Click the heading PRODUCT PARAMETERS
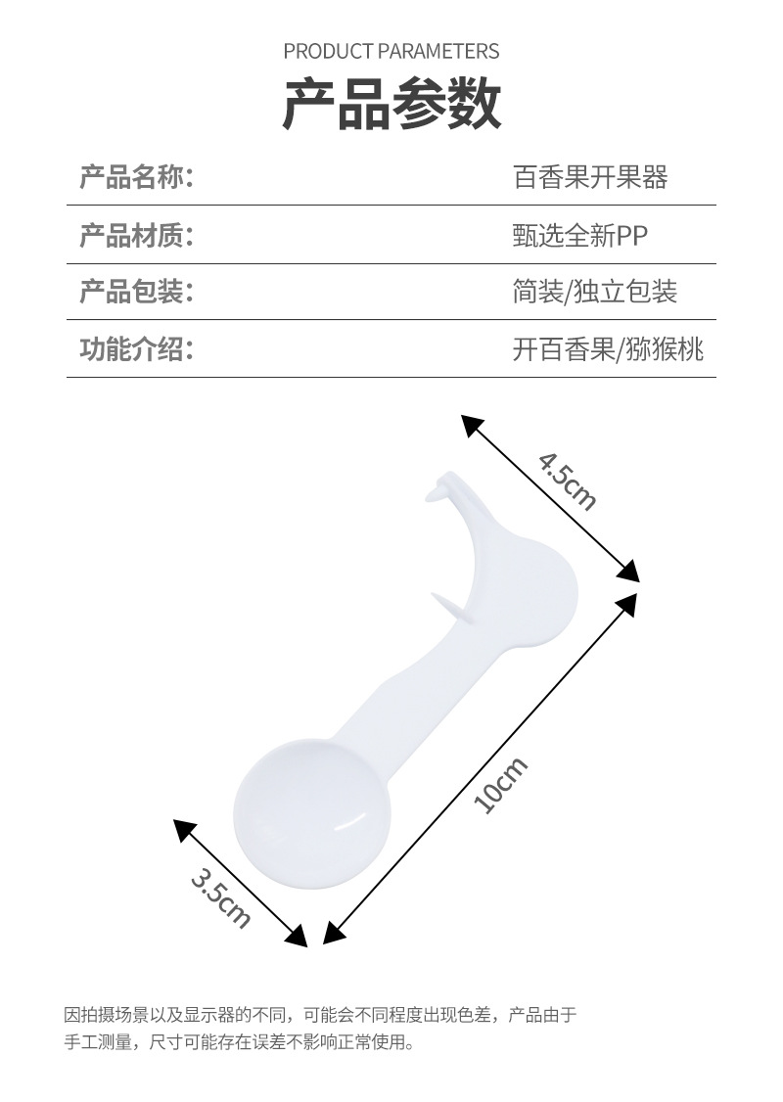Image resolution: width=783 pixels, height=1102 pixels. (391, 51)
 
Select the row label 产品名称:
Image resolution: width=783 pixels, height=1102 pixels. (136, 177)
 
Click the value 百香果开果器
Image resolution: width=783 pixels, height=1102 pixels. (589, 177)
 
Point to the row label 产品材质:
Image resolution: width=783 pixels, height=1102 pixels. (136, 235)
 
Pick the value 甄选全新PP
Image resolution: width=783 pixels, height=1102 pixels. (579, 235)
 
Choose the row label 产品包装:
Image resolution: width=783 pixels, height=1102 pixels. (136, 292)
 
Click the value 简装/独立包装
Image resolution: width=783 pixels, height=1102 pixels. (594, 292)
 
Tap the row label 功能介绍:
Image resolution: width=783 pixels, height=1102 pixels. (136, 348)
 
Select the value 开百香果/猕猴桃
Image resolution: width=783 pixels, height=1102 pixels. (607, 348)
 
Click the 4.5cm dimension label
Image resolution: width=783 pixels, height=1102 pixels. (567, 481)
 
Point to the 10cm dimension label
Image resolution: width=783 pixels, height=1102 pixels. (500, 784)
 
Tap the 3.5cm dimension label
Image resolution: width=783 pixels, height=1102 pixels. (221, 896)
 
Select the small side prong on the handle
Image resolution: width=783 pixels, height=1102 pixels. (446, 608)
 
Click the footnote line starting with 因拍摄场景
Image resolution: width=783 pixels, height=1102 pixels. (320, 1014)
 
